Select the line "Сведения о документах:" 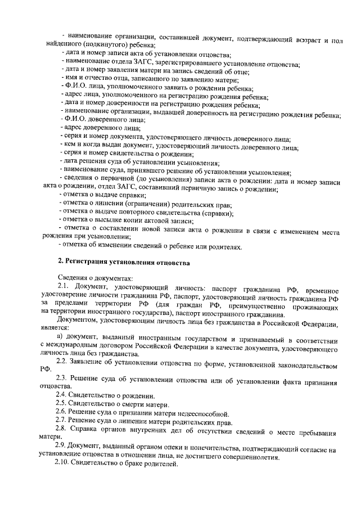coord(95,279)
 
